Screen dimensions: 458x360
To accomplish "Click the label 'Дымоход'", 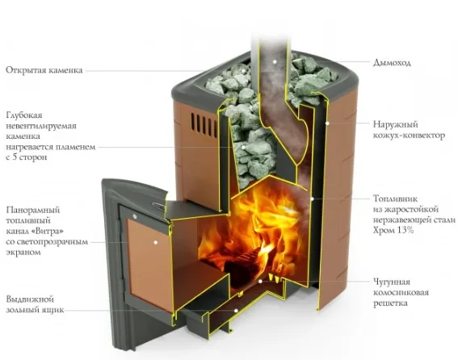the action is click(x=392, y=63).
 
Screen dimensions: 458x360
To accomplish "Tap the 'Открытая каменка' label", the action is click(x=44, y=70).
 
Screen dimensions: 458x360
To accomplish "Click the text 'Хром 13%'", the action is click(x=393, y=230).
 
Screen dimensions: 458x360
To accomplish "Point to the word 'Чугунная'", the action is click(x=392, y=282).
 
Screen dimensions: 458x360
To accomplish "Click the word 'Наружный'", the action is click(x=396, y=124).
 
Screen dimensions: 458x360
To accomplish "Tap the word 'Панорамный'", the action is click(x=32, y=210).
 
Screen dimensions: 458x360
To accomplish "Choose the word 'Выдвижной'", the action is click(x=30, y=299).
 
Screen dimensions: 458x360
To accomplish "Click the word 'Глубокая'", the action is click(x=24, y=115).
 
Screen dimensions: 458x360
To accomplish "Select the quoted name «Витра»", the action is click(x=48, y=231).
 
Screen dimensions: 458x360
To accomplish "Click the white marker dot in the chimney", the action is click(x=275, y=61).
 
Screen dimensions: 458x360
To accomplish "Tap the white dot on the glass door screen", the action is click(x=156, y=242).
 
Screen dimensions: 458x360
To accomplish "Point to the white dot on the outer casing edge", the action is click(x=327, y=123).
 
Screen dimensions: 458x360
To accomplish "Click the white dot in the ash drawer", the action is click(x=236, y=311).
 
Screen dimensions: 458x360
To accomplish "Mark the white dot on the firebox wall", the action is click(x=312, y=199).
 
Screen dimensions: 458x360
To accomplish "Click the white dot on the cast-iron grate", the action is click(x=260, y=281).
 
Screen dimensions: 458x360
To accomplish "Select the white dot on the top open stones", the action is click(x=243, y=70).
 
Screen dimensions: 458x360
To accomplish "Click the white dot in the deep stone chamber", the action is click(x=243, y=147).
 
